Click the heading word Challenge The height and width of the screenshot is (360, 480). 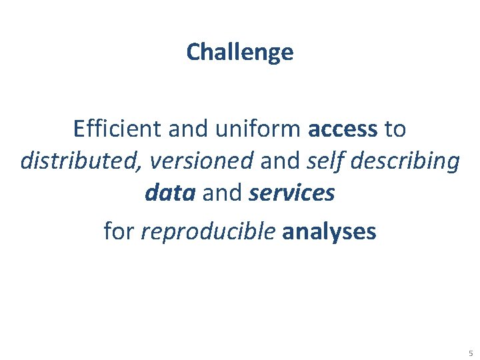pyautogui.click(x=240, y=52)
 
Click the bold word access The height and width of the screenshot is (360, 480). pyautogui.click(x=343, y=129)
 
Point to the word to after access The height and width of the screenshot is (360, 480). pyautogui.click(x=395, y=129)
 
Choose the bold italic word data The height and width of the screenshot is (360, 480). pyautogui.click(x=169, y=193)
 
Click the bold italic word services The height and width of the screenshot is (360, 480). pyautogui.click(x=291, y=193)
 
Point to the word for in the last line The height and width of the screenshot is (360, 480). pyautogui.click(x=119, y=231)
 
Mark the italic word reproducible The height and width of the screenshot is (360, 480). pyautogui.click(x=209, y=232)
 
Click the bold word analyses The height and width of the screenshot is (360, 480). pyautogui.click(x=329, y=232)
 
